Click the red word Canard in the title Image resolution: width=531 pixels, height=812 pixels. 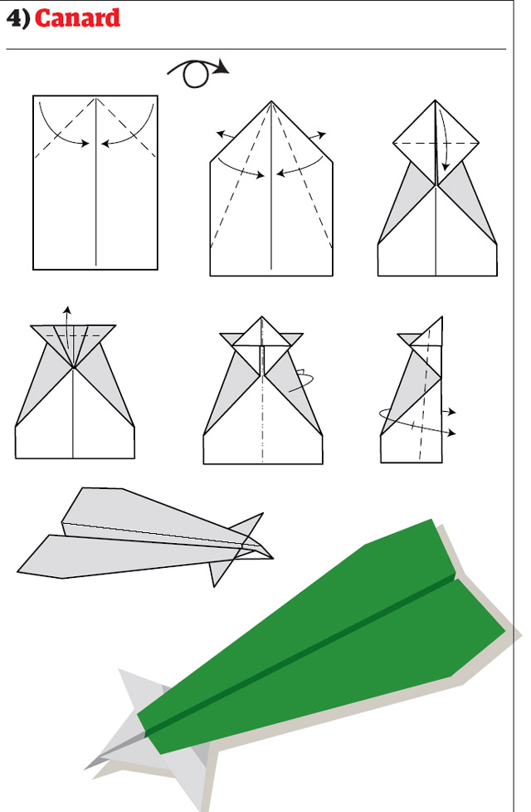pyautogui.click(x=77, y=18)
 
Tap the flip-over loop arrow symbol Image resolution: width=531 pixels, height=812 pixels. pyautogui.click(x=197, y=73)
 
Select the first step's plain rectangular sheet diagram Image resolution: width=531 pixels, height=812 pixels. pyautogui.click(x=95, y=208)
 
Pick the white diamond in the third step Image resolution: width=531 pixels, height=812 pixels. pyautogui.click(x=436, y=133)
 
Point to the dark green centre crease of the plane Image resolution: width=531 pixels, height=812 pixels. pyautogui.click(x=315, y=648)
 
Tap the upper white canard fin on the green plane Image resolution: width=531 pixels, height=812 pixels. pyautogui.click(x=137, y=689)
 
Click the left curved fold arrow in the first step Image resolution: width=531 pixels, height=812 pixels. pyautogui.click(x=58, y=129)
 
